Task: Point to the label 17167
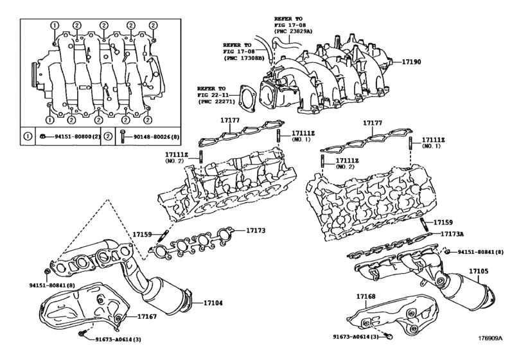tap(146, 316)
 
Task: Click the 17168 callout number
tap(366, 296)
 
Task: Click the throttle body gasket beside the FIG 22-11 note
tap(245, 96)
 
